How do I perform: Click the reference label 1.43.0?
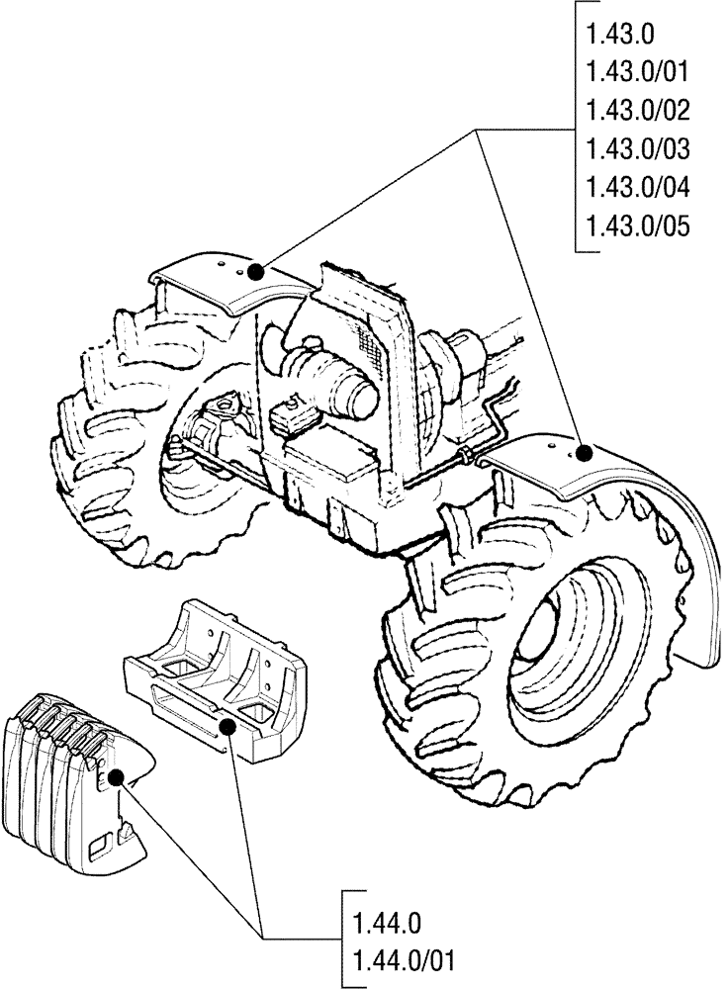[619, 36]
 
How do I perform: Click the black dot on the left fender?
[256, 270]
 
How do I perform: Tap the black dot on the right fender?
[584, 453]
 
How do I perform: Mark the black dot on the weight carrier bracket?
[229, 727]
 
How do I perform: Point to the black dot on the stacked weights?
[116, 779]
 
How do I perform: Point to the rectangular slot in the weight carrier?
[184, 707]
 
